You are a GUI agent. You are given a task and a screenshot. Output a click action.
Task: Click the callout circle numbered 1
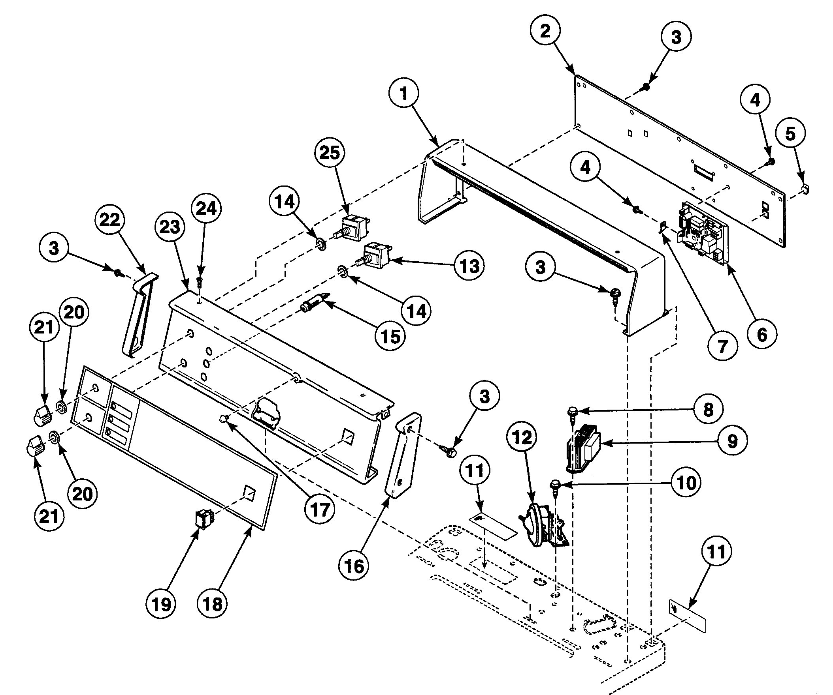point(404,94)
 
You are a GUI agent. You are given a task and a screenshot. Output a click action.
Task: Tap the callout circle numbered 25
point(330,153)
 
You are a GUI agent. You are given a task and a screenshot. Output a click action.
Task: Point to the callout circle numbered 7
point(723,346)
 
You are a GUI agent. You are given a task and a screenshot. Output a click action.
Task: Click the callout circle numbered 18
point(212,604)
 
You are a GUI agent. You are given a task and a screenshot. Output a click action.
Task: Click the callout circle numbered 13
point(470,266)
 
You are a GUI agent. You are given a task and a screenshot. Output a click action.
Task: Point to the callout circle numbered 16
point(354,566)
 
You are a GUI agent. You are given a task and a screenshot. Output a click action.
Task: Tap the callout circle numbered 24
point(207,208)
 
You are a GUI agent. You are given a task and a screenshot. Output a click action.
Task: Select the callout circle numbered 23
point(170,227)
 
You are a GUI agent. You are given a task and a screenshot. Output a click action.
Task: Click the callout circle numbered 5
point(790,133)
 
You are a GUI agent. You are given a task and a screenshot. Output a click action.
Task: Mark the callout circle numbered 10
point(686,483)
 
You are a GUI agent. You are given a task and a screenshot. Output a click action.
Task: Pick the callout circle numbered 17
point(320,510)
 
